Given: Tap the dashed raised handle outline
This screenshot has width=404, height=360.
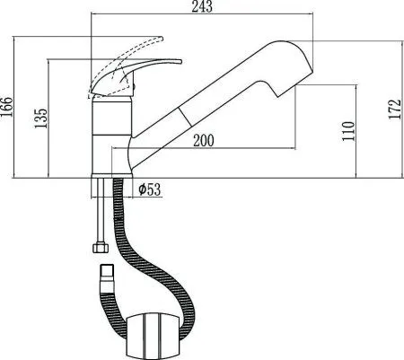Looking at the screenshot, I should pyautogui.click(x=126, y=47).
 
